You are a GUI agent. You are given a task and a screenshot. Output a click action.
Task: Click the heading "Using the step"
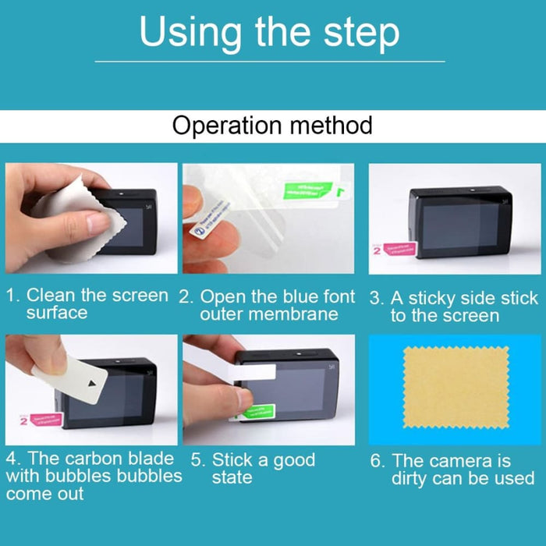coord(269,33)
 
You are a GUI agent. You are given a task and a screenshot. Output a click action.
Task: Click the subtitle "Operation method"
coord(272,125)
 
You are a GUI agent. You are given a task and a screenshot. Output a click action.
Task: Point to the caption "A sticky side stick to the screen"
coord(453,307)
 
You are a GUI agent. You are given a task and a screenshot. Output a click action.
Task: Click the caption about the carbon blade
coord(94,476)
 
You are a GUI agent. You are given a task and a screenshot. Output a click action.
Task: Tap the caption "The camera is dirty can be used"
coord(452,470)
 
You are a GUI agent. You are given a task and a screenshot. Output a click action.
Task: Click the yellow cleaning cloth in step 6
coord(456,385)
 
